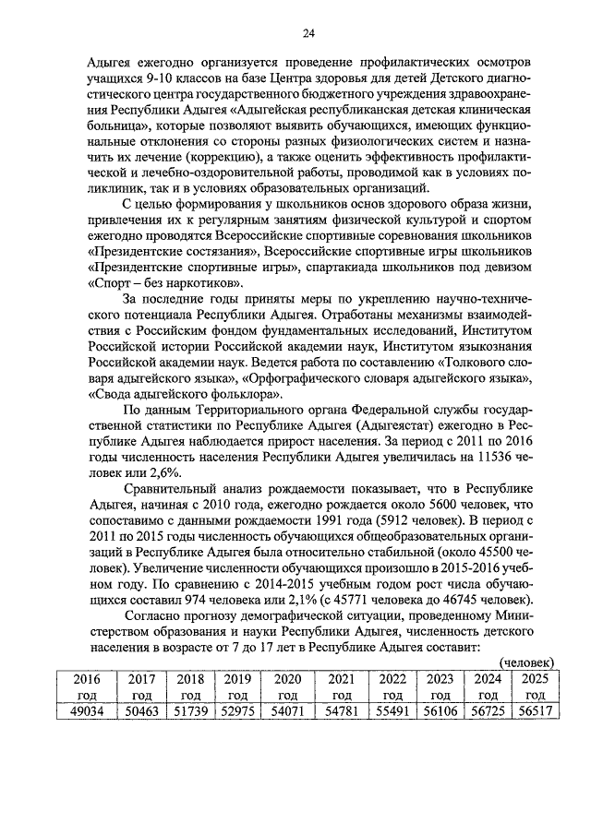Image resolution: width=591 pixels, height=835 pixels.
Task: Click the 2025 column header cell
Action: coord(534,686)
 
